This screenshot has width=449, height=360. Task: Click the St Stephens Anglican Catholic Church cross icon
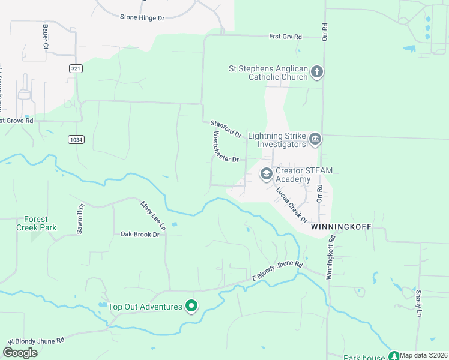316,73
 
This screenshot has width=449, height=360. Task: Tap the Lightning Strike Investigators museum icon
315,140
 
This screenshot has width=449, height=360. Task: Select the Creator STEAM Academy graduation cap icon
266,174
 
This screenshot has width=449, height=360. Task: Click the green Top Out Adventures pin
191,307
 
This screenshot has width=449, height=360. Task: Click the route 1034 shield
76,139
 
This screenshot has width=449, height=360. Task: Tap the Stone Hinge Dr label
142,18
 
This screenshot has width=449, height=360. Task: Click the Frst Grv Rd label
285,37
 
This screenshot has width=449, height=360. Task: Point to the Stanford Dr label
226,128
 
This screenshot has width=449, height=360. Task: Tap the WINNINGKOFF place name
341,228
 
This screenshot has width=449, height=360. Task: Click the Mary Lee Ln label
153,215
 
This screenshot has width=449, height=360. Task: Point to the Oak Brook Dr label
139,234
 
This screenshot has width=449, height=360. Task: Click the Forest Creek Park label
36,223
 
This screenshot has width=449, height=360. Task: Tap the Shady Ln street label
418,303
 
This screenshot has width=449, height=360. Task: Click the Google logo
20,353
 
